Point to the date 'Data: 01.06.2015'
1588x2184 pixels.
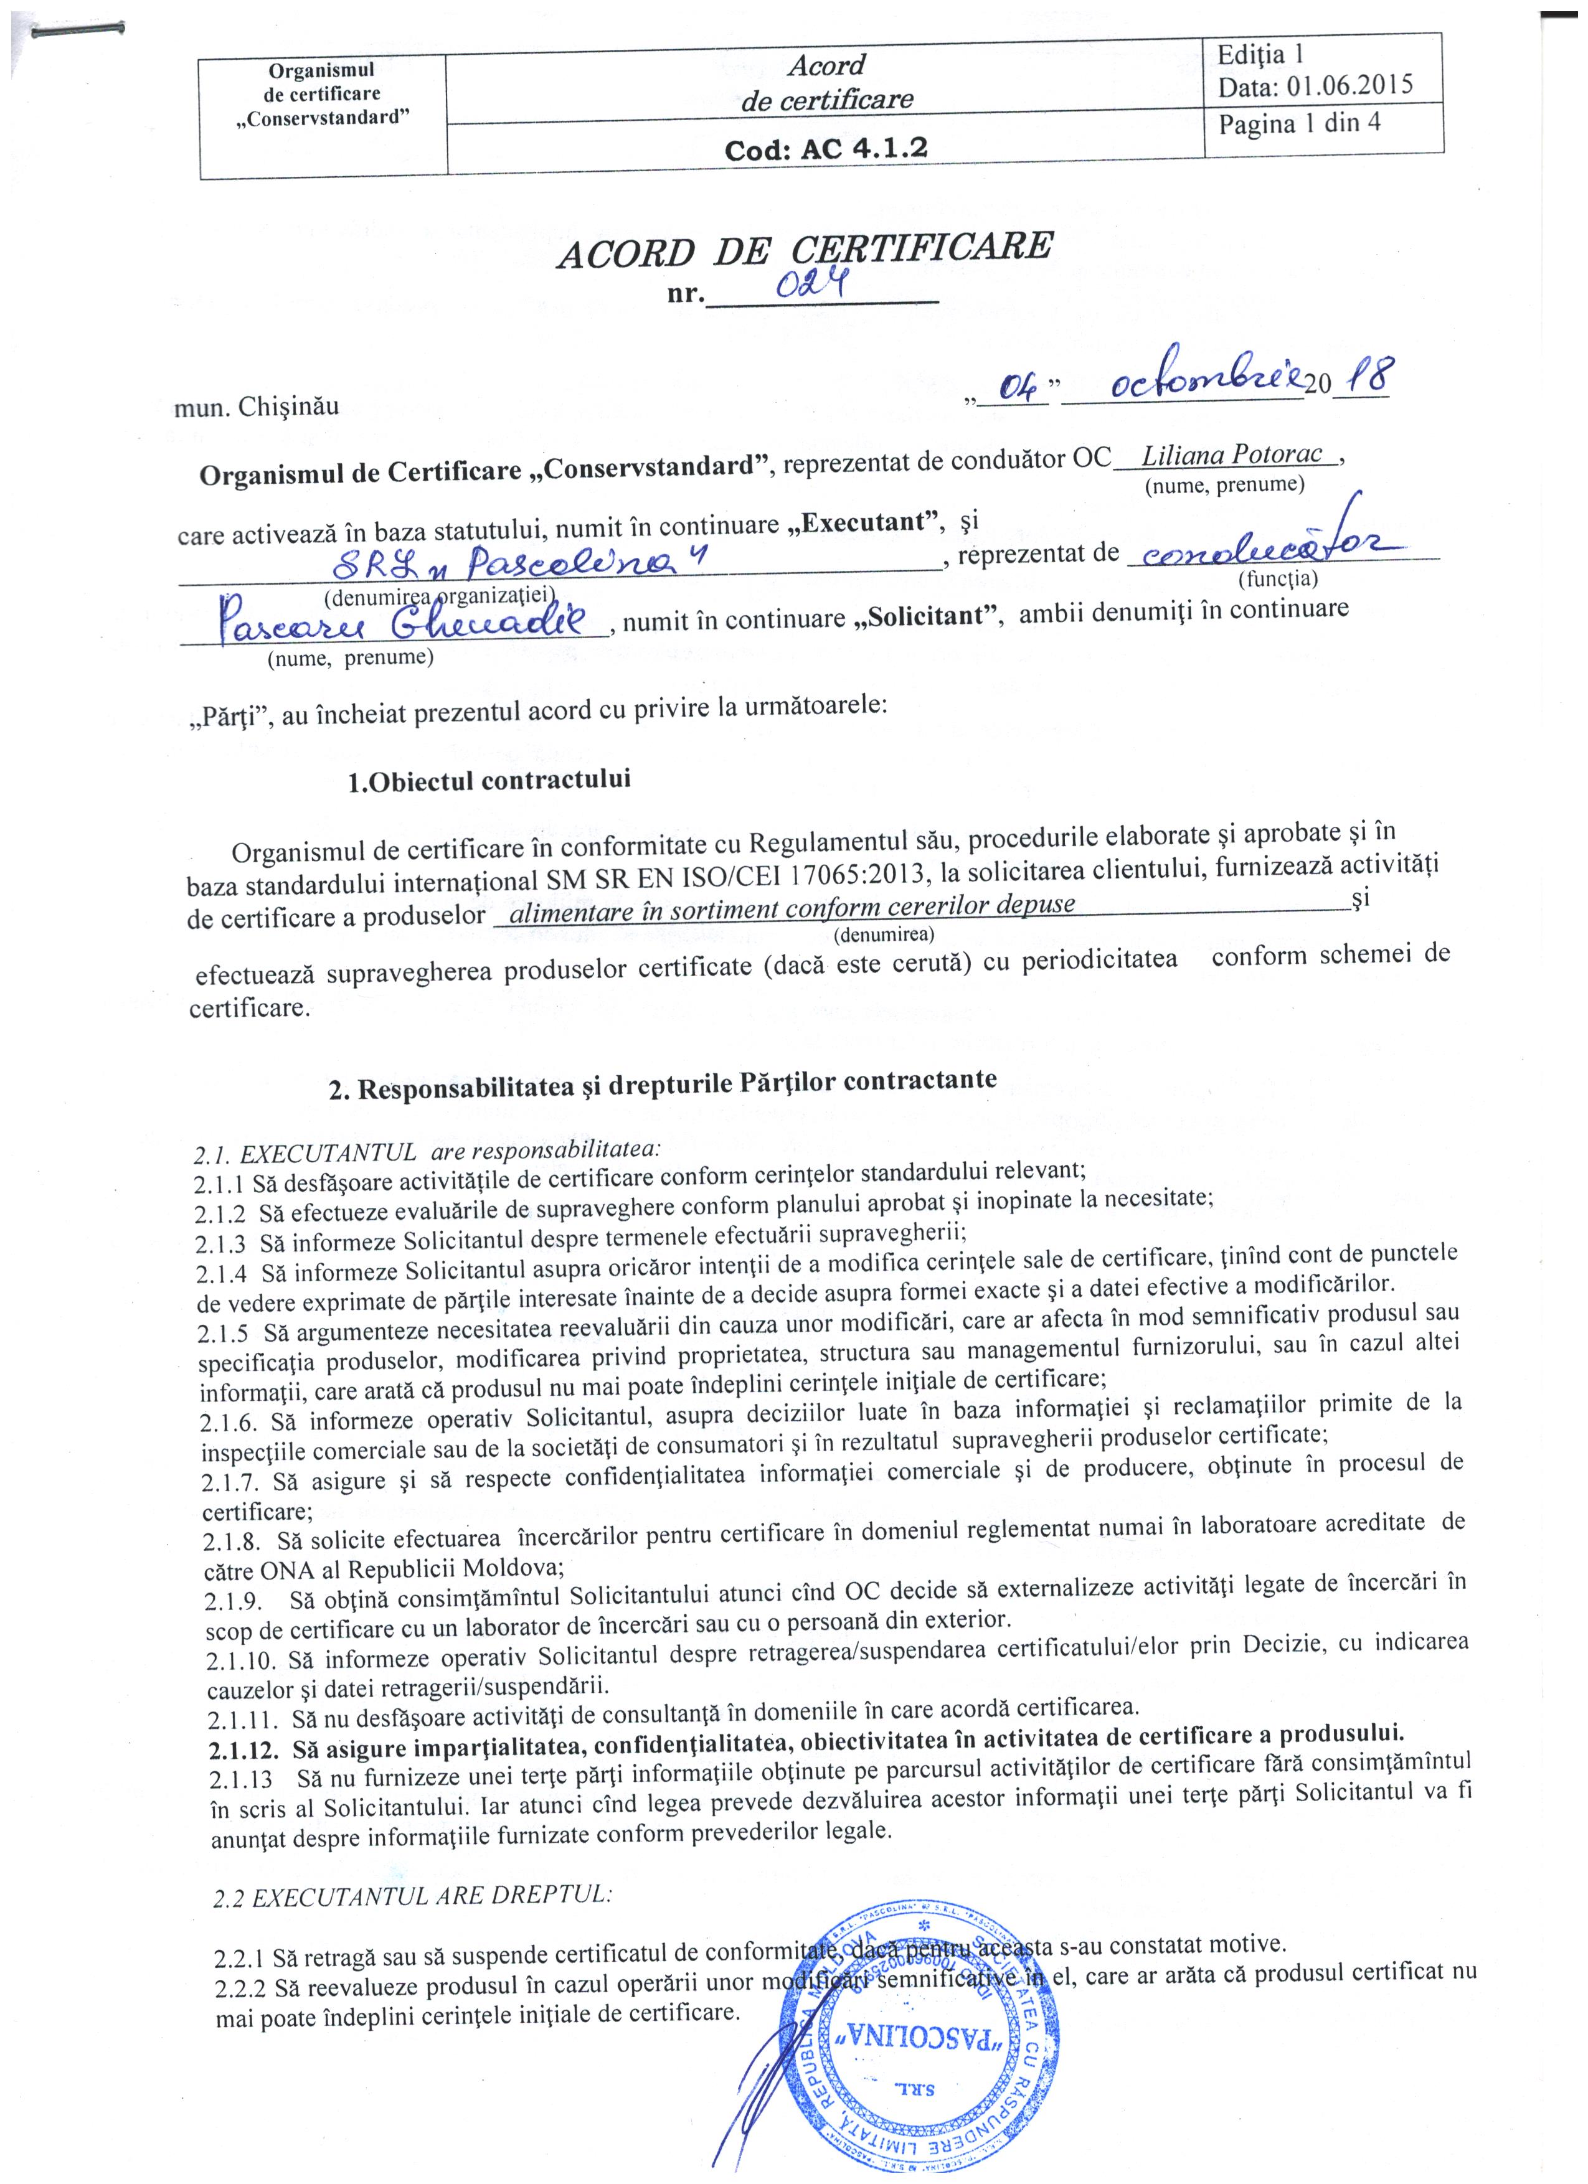point(1315,86)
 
